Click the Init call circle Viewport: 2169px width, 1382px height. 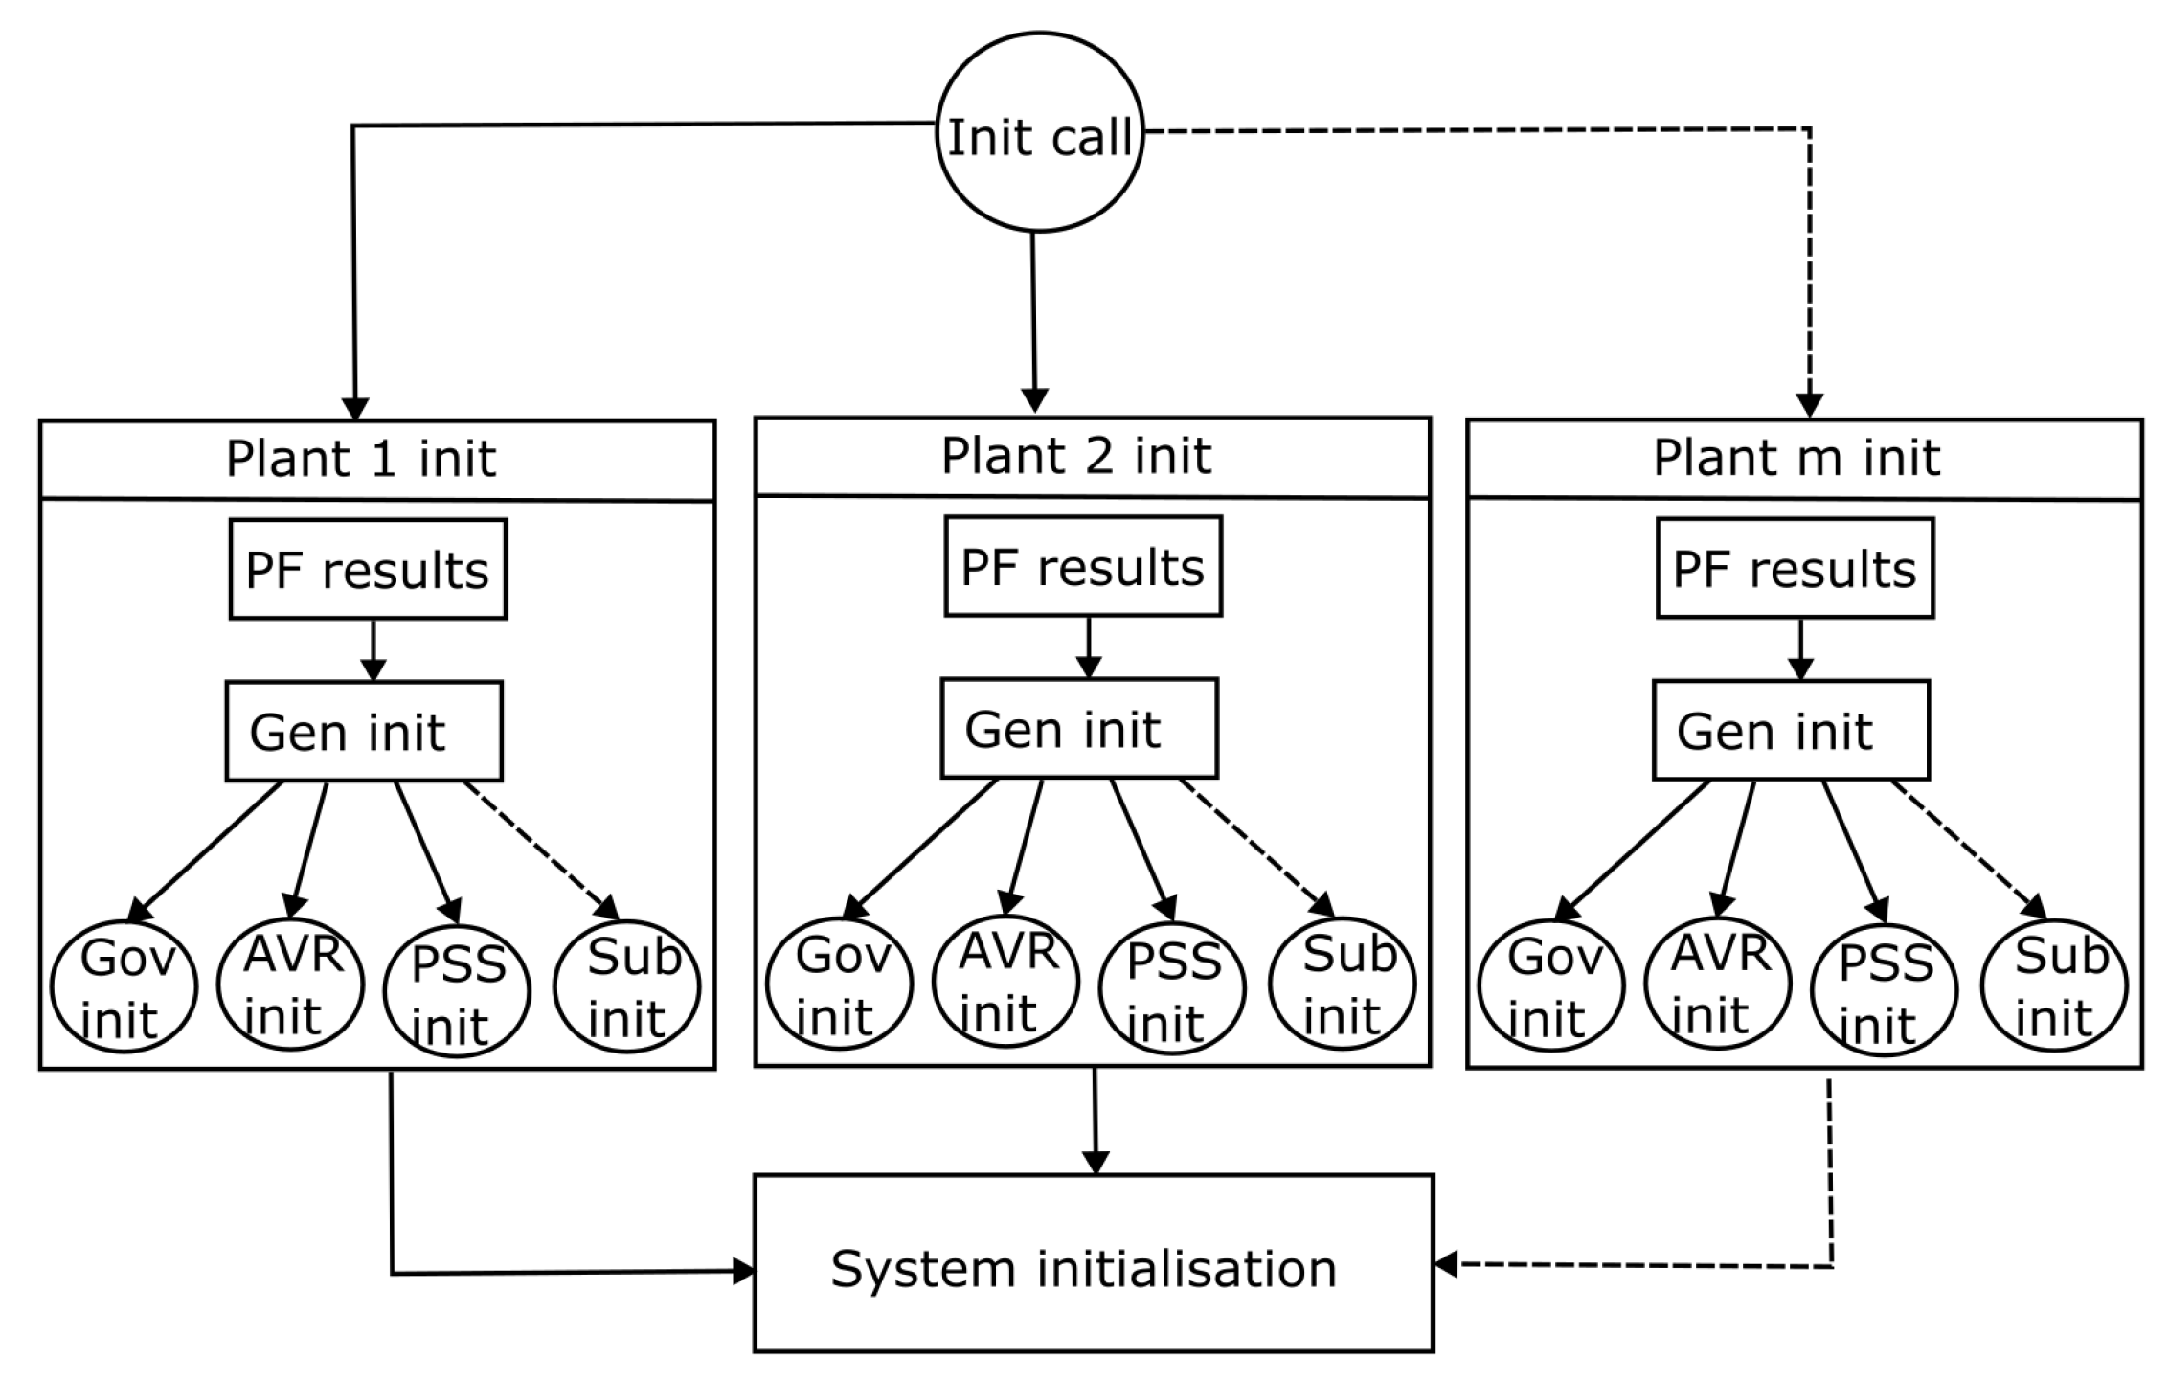(1039, 132)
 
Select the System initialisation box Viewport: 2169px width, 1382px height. (1094, 1263)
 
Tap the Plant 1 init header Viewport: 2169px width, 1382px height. (377, 460)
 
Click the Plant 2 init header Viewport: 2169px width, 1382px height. (1093, 457)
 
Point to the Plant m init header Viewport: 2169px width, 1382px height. (1805, 459)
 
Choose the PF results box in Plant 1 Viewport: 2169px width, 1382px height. (368, 570)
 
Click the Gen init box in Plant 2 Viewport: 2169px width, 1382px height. (1079, 729)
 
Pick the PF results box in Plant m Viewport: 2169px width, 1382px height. (1796, 569)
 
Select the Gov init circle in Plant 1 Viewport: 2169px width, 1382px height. (124, 987)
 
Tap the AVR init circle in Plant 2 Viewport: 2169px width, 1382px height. (1005, 982)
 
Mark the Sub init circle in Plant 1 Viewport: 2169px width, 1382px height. (627, 986)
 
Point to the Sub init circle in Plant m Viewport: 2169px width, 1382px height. (2054, 986)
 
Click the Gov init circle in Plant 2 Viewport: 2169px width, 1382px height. (840, 985)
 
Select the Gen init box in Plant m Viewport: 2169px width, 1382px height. (1792, 731)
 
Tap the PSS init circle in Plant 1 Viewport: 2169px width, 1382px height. (457, 991)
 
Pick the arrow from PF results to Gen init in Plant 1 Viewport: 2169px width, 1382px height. (373, 650)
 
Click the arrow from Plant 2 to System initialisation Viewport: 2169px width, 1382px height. (1095, 1121)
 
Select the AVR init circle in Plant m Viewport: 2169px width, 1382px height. (1717, 983)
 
